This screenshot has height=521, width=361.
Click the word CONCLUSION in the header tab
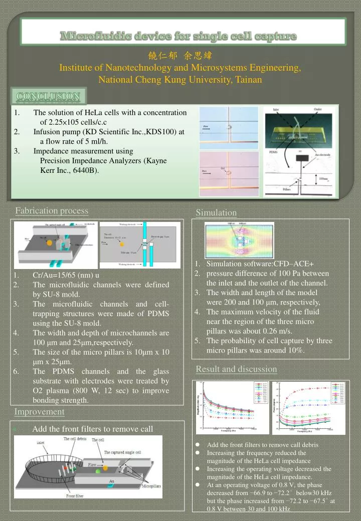(48, 96)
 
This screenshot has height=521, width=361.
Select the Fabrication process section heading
(52, 211)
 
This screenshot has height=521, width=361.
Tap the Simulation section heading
(216, 213)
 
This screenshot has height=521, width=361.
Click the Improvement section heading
(39, 412)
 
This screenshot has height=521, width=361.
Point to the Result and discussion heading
(236, 369)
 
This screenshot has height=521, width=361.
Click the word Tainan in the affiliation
(249, 79)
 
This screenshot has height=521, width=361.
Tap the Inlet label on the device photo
(276, 109)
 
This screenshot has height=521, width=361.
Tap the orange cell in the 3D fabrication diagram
(49, 242)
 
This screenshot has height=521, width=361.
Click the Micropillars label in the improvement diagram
(150, 486)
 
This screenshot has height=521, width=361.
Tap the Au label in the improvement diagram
(112, 480)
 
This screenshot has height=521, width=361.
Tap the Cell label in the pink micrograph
(223, 169)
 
